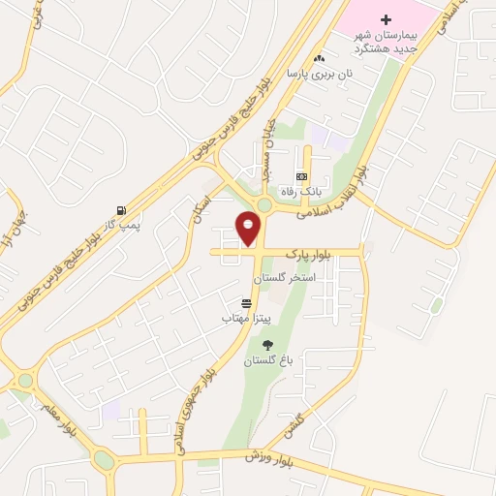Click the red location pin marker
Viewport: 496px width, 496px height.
click(248, 227)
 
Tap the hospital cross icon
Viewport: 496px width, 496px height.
click(386, 19)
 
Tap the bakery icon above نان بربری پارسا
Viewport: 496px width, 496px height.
click(319, 59)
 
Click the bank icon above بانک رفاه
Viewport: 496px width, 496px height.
click(301, 176)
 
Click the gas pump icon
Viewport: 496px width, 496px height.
click(120, 210)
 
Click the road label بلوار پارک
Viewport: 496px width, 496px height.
click(309, 254)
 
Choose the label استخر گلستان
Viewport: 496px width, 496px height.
click(284, 278)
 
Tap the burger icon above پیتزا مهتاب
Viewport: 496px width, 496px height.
click(246, 303)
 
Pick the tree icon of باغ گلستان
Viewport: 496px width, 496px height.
click(267, 345)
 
